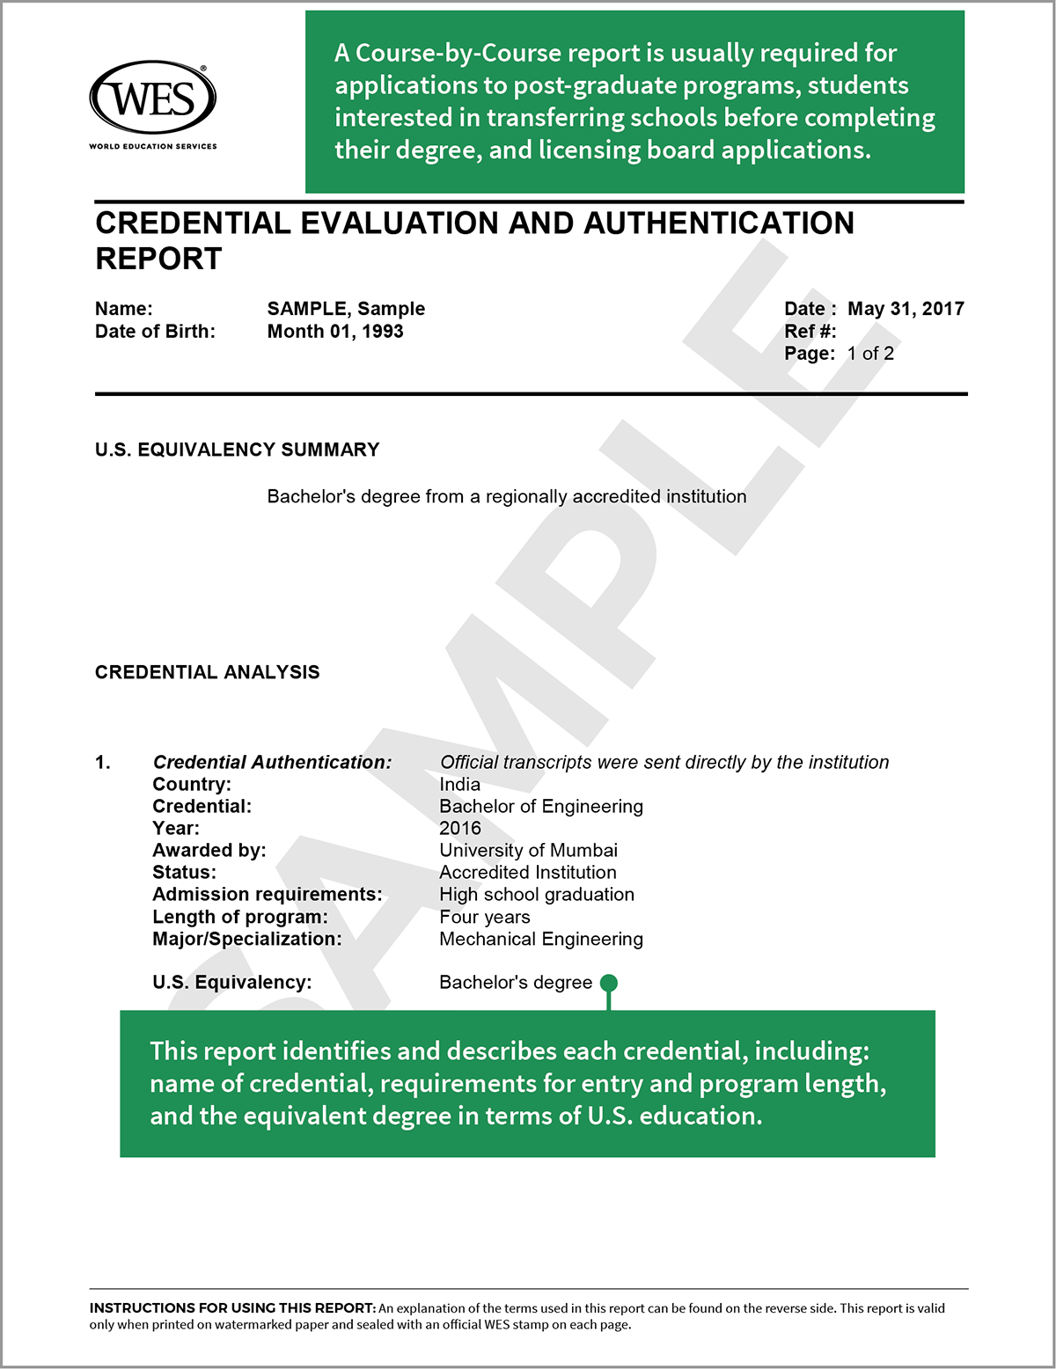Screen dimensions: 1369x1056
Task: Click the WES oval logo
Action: (152, 97)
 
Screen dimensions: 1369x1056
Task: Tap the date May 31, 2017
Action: (906, 309)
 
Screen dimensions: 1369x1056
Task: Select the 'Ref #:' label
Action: (810, 332)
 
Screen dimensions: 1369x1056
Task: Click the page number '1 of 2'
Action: (870, 354)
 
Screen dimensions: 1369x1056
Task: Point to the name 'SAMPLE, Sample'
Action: (346, 309)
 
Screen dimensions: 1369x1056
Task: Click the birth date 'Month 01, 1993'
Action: (335, 332)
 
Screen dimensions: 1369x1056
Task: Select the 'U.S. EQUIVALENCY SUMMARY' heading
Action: (237, 450)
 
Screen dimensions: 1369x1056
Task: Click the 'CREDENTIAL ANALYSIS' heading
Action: (207, 672)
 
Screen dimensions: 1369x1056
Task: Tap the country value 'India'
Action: (459, 785)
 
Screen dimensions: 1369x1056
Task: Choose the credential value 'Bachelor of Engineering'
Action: (541, 807)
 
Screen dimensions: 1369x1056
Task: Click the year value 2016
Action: (460, 829)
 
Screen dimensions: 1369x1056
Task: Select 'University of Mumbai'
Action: (528, 851)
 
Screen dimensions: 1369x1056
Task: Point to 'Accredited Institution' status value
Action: (528, 873)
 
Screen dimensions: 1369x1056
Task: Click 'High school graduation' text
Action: (537, 895)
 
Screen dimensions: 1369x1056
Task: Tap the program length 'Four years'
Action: (485, 918)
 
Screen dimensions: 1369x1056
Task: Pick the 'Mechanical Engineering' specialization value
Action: (541, 940)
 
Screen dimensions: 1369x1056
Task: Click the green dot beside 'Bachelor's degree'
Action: (608, 983)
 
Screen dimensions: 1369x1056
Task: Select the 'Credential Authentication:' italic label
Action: (272, 763)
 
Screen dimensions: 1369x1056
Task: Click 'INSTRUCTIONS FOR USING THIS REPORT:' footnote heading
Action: (232, 1308)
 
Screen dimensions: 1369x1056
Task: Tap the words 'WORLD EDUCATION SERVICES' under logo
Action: (152, 146)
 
